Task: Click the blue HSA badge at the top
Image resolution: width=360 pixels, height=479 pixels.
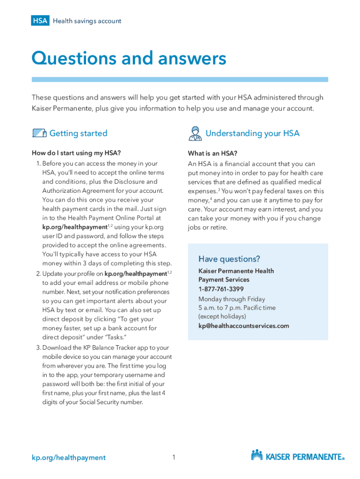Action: point(40,21)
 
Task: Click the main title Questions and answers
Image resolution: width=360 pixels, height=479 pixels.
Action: point(129,58)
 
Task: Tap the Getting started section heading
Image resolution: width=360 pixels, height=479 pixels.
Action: point(78,133)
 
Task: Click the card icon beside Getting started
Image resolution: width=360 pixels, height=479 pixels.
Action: point(39,133)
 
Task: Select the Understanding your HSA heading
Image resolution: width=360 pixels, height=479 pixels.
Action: point(252,133)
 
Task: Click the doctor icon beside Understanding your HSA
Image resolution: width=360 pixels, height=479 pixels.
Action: point(194,133)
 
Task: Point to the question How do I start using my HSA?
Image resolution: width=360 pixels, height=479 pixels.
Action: point(76,153)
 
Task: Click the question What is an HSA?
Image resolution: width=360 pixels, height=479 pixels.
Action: point(212,153)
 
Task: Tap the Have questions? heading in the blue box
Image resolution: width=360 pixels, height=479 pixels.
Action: point(229,259)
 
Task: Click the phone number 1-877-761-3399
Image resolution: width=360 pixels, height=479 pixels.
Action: point(221,289)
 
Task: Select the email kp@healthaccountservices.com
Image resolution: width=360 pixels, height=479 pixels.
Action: point(244,326)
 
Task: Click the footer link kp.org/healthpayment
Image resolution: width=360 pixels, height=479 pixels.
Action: point(69,457)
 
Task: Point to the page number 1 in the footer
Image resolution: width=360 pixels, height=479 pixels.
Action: point(173,457)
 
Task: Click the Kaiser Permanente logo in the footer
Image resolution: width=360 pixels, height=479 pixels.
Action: point(298,456)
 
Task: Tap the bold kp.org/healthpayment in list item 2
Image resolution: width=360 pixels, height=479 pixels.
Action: point(136,274)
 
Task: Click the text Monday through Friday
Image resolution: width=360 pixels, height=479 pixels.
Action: point(231,299)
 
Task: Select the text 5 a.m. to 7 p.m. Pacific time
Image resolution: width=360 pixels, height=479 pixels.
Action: point(237,308)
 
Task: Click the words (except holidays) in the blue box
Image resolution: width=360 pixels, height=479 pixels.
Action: point(219,317)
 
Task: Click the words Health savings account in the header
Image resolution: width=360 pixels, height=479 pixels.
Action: point(87,21)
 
